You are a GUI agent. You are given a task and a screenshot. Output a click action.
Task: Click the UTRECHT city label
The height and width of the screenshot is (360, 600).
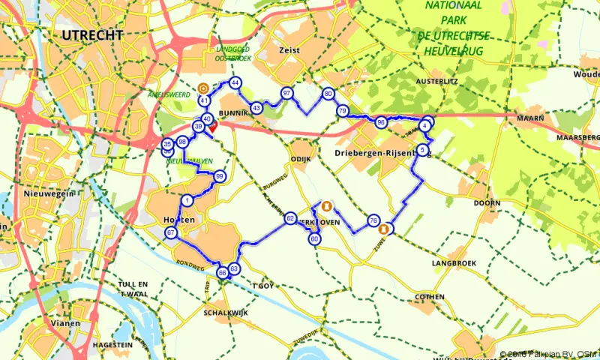point(93,35)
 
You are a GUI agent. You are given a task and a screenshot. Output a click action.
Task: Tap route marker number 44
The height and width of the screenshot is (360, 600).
point(235,82)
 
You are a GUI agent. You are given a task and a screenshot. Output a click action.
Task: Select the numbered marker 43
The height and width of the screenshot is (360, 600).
point(256,108)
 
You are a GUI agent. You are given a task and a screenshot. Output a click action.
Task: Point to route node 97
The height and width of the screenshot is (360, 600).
point(286,92)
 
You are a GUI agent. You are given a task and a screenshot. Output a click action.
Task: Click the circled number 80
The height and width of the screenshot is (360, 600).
point(328,94)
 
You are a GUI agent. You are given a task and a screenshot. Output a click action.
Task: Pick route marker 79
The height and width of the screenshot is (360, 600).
point(342,111)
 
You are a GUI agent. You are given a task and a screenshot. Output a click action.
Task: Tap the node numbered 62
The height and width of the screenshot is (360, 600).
point(290,218)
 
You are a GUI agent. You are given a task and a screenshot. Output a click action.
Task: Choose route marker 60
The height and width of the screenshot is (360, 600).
point(314,239)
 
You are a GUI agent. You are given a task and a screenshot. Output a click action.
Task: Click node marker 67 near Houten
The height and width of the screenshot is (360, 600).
point(172,233)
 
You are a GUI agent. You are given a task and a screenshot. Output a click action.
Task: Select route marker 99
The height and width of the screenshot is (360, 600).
point(220,176)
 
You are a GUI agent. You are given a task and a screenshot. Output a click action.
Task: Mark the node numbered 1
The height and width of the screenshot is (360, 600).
point(187,200)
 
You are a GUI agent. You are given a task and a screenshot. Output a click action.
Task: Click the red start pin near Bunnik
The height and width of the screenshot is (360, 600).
point(212,126)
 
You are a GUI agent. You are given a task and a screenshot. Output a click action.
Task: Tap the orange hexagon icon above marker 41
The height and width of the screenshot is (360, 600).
point(203,87)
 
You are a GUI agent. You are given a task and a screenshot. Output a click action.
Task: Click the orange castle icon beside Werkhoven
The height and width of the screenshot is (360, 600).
point(326,205)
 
